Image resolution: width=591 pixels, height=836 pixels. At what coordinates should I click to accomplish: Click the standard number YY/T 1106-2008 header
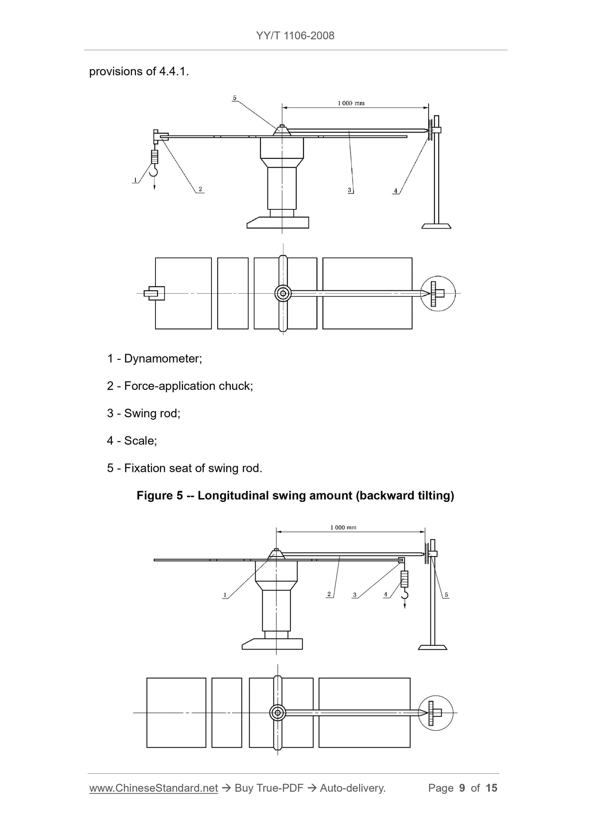(x=295, y=36)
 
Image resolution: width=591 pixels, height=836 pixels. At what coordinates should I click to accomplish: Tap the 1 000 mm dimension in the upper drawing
(x=351, y=103)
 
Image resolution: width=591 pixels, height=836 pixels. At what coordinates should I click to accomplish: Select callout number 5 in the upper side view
(x=235, y=98)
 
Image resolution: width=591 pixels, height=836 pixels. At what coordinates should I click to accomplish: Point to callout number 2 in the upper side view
(x=200, y=189)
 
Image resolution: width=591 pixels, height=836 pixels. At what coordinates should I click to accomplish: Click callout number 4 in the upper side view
(x=395, y=191)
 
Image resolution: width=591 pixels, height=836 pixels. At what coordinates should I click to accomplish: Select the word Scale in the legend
(x=139, y=441)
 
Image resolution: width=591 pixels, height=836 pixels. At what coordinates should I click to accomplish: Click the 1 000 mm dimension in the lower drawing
(x=343, y=528)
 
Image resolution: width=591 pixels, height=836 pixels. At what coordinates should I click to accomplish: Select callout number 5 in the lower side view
(x=446, y=595)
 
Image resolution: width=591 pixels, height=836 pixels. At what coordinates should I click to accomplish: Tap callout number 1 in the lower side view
(x=225, y=595)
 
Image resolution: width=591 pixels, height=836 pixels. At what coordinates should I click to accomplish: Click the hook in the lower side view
(x=404, y=593)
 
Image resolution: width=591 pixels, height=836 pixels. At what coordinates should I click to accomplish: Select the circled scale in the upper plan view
(x=438, y=293)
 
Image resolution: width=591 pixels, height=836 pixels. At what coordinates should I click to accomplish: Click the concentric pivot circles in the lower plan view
(x=278, y=713)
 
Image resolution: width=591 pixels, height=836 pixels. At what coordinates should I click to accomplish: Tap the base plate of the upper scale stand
(x=436, y=226)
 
